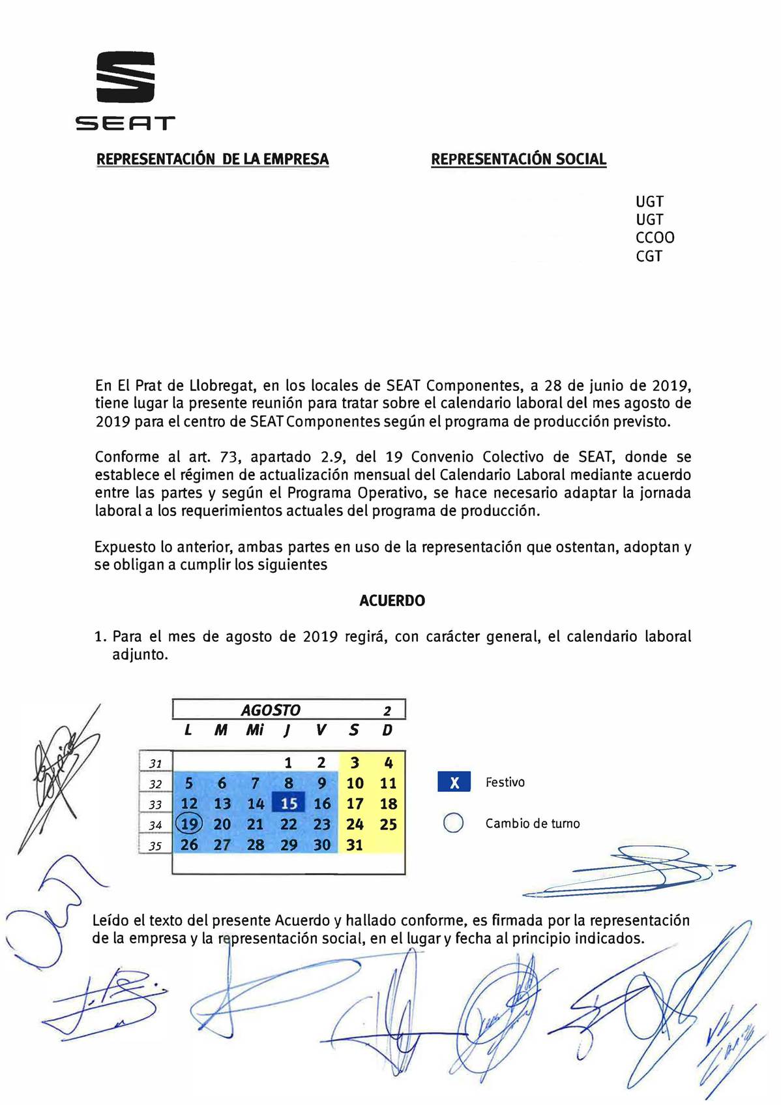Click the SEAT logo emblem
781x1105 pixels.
(x=126, y=77)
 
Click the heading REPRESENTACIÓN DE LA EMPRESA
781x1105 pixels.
(x=213, y=159)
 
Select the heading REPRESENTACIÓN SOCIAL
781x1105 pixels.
(x=519, y=159)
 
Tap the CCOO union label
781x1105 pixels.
(x=655, y=237)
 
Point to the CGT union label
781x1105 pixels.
(x=649, y=256)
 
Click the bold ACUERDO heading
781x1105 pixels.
(x=392, y=601)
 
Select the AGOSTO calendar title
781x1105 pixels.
(x=271, y=710)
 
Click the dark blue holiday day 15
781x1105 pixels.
(x=288, y=804)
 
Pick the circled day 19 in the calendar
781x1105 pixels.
(x=189, y=824)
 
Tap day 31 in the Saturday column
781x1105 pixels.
(x=355, y=845)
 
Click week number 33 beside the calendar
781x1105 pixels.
(x=155, y=804)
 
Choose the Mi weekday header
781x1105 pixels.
(x=254, y=730)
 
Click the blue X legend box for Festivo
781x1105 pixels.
(x=454, y=782)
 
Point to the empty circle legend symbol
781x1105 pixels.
(x=453, y=824)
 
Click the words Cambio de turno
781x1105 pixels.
(x=532, y=824)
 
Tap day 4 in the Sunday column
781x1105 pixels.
(x=389, y=763)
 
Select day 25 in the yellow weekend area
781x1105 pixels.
(x=389, y=825)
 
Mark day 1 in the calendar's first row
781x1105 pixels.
(x=288, y=763)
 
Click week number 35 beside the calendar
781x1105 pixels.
(x=155, y=846)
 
